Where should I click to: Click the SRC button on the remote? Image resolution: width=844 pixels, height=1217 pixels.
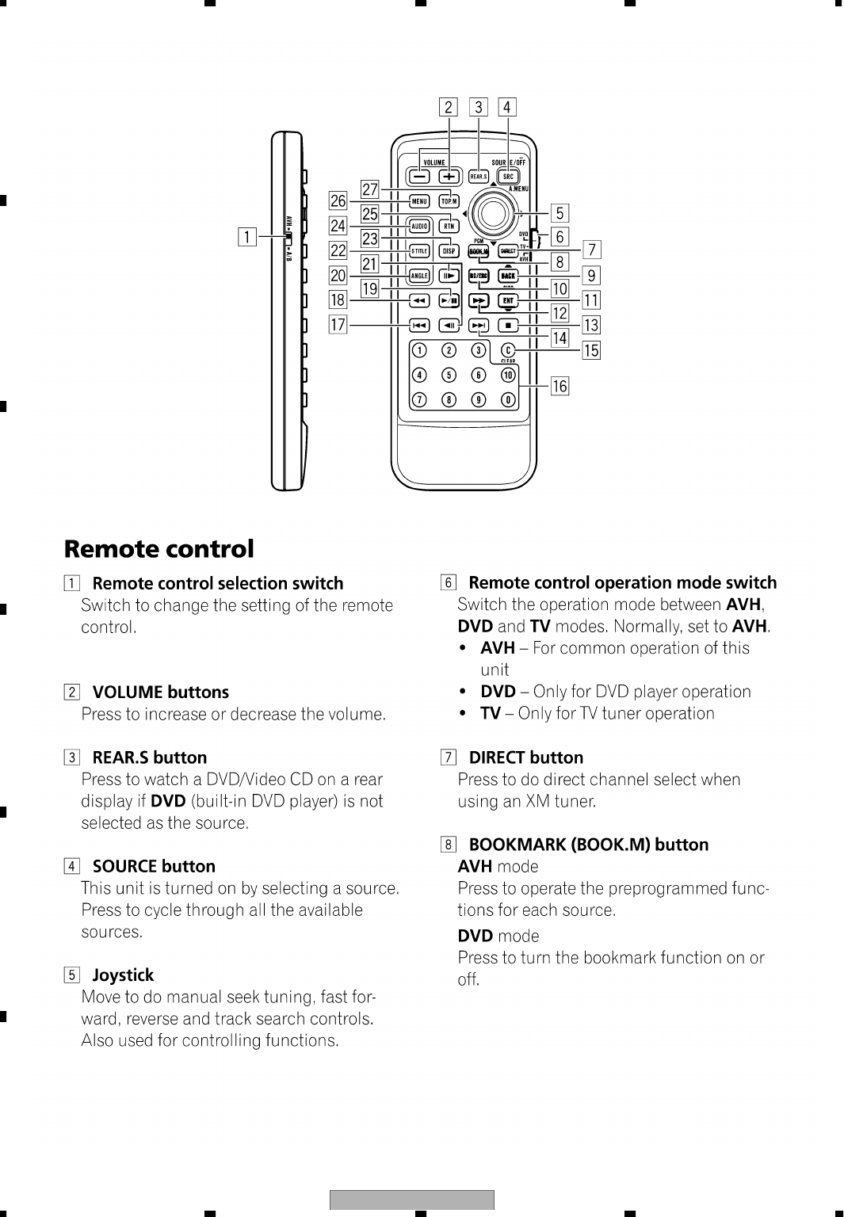[508, 176]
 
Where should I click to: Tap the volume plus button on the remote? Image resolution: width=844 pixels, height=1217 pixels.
[449, 176]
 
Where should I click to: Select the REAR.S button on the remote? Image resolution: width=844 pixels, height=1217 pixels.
[479, 176]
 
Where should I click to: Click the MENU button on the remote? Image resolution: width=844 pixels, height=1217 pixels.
[419, 201]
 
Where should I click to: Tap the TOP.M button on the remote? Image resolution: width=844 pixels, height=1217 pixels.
[449, 201]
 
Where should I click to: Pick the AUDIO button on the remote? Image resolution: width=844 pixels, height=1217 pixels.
[419, 227]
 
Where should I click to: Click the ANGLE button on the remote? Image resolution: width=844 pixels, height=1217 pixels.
[419, 276]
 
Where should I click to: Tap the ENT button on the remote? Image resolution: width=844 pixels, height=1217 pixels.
[508, 300]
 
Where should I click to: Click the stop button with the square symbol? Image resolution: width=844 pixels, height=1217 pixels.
[508, 325]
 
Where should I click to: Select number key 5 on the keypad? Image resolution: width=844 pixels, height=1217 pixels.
[449, 375]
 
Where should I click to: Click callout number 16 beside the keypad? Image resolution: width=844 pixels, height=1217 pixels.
[559, 386]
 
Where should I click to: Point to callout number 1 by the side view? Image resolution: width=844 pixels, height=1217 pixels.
[248, 236]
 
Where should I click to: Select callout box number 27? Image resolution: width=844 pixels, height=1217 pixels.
[370, 189]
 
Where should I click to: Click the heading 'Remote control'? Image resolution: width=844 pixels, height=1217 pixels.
[159, 549]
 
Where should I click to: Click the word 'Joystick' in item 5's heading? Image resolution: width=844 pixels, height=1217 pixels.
[123, 975]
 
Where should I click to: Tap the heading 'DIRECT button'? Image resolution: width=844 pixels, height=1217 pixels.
[525, 757]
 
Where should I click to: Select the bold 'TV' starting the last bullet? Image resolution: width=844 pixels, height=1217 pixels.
[490, 713]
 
